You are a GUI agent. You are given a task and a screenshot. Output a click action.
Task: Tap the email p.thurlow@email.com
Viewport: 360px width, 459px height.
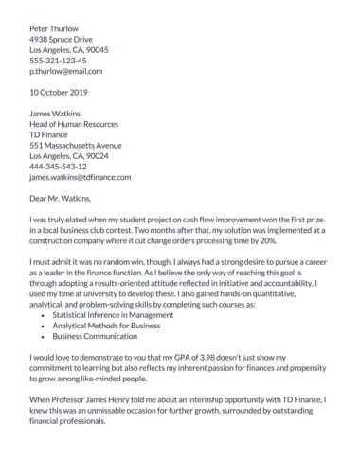(x=65, y=71)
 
